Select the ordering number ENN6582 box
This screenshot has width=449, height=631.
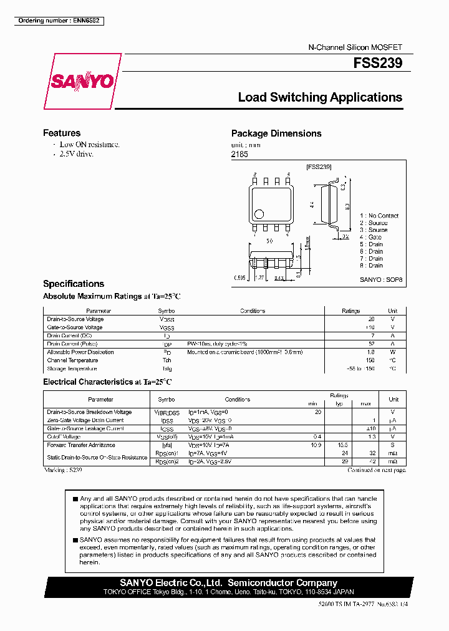click(x=59, y=21)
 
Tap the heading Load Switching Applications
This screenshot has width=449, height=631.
click(x=320, y=97)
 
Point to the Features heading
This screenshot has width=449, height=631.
click(x=62, y=133)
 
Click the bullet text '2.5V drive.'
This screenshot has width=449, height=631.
click(x=77, y=153)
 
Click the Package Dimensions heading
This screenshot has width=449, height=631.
click(x=276, y=133)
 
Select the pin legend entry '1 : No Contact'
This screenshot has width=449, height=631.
click(x=379, y=216)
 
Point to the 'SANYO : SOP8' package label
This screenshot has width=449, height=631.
click(x=382, y=281)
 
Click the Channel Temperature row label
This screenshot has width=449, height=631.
click(x=72, y=360)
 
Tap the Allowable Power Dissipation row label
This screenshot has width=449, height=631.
click(x=80, y=352)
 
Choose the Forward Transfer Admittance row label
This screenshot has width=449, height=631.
click(x=81, y=445)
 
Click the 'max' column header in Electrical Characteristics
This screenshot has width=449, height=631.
click(x=366, y=404)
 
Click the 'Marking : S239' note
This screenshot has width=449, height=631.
click(x=63, y=470)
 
